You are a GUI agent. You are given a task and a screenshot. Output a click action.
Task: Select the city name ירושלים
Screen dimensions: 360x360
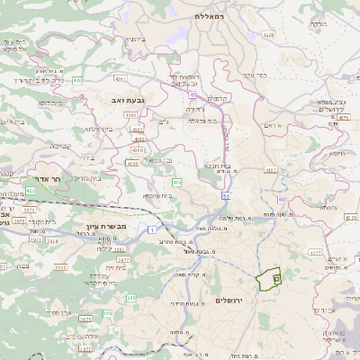[x=231, y=299]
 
